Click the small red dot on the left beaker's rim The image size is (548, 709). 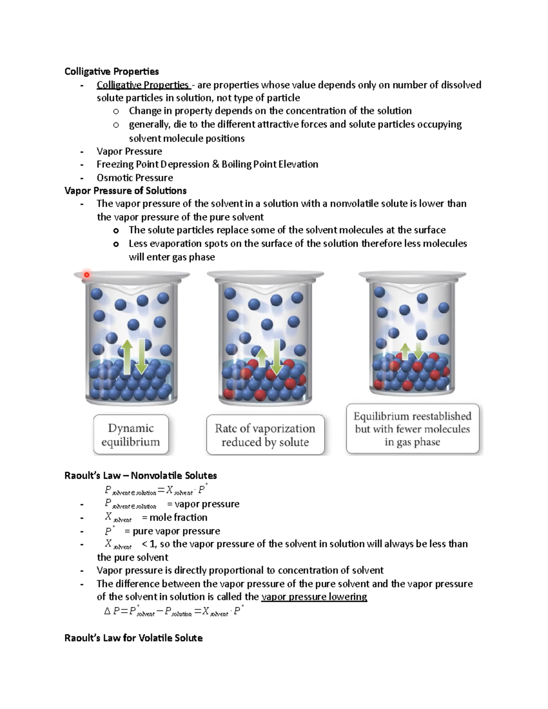click(86, 274)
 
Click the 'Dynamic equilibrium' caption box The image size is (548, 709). click(131, 435)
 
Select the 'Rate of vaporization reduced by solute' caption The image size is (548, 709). click(265, 435)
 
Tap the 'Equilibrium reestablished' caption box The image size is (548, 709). click(412, 429)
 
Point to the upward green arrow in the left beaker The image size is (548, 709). click(127, 356)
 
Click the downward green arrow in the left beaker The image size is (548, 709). click(141, 356)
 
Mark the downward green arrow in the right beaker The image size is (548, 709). click(418, 351)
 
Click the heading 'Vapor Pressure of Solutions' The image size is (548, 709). click(125, 190)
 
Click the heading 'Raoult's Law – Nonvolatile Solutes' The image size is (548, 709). click(141, 475)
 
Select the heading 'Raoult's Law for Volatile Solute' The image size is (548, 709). click(133, 638)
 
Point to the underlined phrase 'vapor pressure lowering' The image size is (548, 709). click(314, 597)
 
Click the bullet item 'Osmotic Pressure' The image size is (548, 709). click(135, 178)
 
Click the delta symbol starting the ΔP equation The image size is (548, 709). click(107, 611)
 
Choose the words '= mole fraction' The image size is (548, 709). click(174, 517)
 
